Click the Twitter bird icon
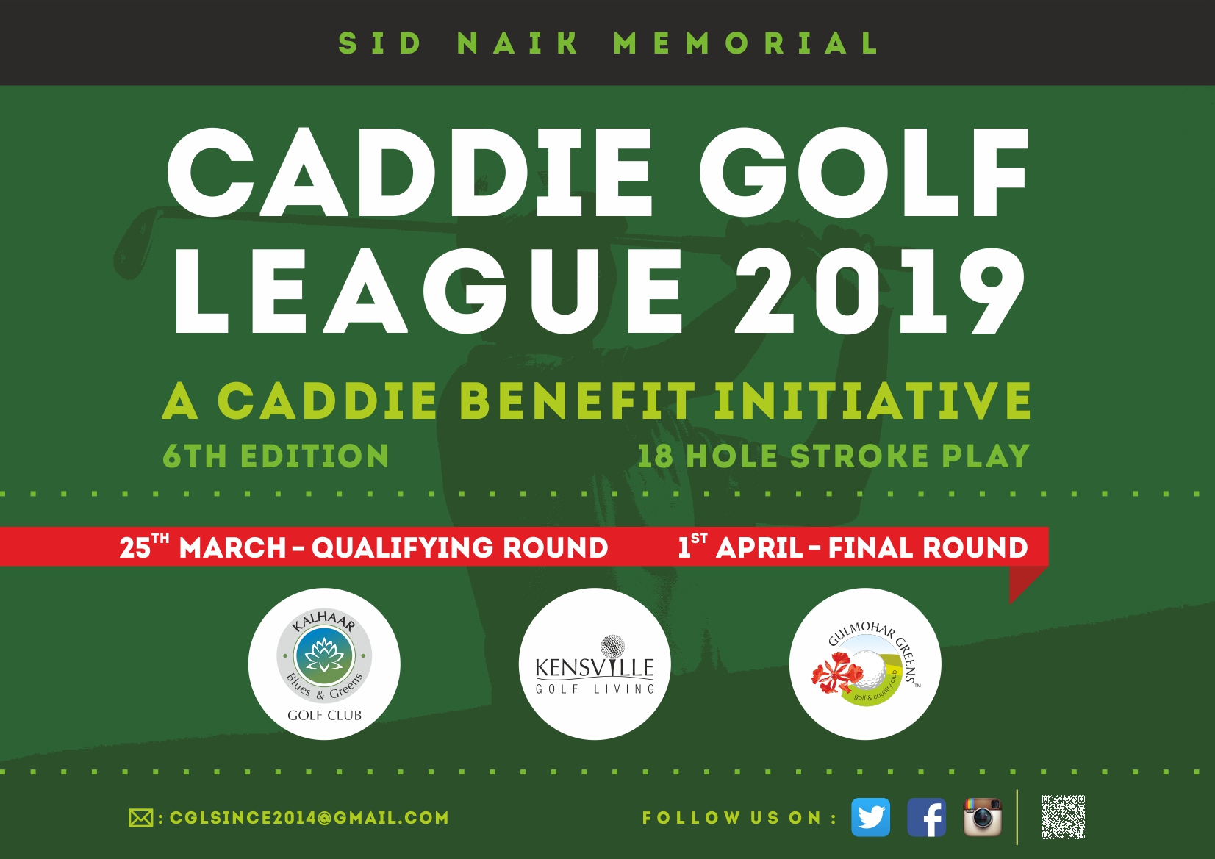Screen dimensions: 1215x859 (870, 817)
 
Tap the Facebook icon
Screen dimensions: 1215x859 (926, 817)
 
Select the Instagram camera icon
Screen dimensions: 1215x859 (982, 817)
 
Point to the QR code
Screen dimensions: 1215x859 (1063, 817)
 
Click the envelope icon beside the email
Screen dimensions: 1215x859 (140, 818)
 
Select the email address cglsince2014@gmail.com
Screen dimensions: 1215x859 (309, 818)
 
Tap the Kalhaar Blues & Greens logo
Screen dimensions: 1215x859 (324, 664)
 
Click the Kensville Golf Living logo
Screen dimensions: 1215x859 (595, 664)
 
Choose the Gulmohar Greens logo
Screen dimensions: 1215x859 (865, 664)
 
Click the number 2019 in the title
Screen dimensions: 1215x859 (880, 291)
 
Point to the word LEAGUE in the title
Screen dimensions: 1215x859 (428, 291)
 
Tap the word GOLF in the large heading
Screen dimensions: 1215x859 (864, 173)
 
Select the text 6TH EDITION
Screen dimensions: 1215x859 (276, 456)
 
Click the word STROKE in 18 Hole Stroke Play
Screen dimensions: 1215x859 (859, 456)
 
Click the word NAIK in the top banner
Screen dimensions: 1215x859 (517, 43)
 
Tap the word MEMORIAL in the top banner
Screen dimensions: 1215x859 (746, 43)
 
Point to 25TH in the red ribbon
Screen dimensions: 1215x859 (144, 545)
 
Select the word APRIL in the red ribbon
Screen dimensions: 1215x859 (759, 547)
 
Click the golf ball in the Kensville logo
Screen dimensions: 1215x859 (612, 646)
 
